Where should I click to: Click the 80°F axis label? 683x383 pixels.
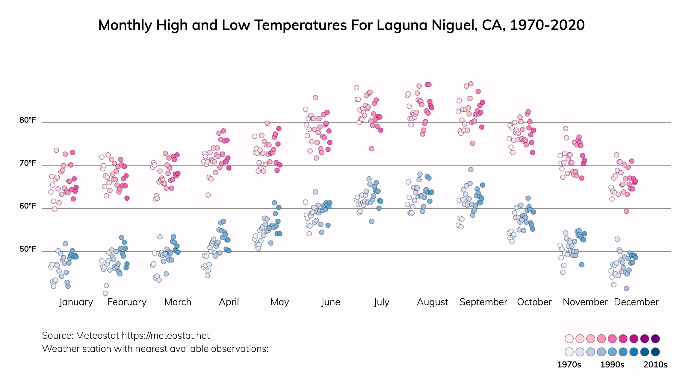[x=28, y=120]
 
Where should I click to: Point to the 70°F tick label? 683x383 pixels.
[x=28, y=163]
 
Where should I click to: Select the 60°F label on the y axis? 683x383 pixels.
[x=28, y=206]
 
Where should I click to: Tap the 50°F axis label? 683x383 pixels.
[x=28, y=249]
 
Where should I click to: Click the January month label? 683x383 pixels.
[x=76, y=302]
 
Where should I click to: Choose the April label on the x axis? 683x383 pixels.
[x=229, y=302]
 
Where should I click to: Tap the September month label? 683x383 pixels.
[x=483, y=302]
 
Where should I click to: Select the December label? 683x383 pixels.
[x=636, y=302]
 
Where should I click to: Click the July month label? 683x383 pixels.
[x=381, y=302]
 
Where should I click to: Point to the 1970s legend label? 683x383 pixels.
[x=569, y=365]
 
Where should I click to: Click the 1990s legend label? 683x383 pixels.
[x=612, y=365]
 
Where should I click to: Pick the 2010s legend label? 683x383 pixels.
[x=655, y=365]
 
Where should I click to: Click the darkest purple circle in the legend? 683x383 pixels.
[x=655, y=339]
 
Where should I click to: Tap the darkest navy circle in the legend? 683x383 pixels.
[x=655, y=352]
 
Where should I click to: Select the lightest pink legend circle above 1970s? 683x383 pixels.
[x=569, y=339]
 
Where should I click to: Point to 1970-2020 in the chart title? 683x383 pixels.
[x=547, y=25]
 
